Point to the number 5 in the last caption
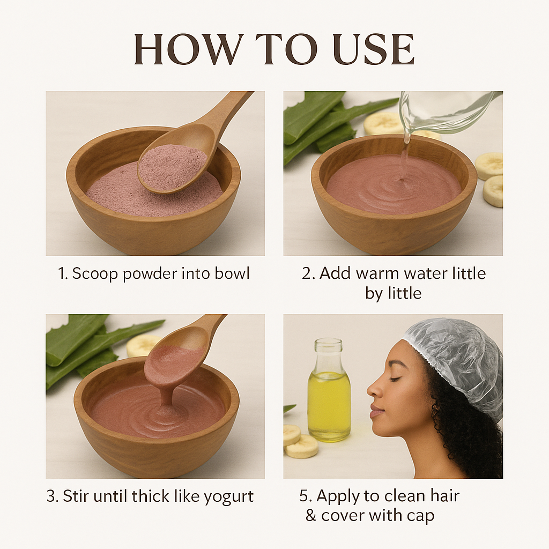[x=303, y=496]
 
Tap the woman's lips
[x=375, y=410]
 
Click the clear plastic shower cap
[x=455, y=361]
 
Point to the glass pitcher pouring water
[x=448, y=112]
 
